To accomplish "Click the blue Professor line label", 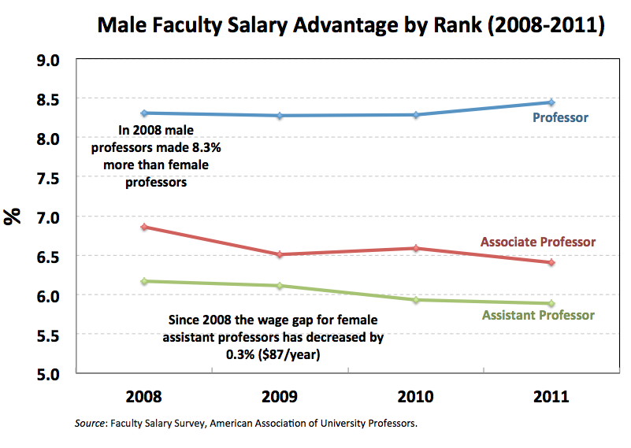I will [x=560, y=118].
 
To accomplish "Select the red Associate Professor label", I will [x=538, y=242].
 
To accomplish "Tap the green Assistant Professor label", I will [x=538, y=315].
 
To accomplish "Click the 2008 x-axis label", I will [x=143, y=396].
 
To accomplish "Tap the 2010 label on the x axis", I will [x=415, y=396].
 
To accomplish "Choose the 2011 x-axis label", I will [x=551, y=396].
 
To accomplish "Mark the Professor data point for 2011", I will [x=551, y=102].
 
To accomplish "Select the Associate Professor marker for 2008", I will [x=143, y=227].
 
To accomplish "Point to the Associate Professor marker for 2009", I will [x=280, y=254].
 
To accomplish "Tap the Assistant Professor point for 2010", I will [x=415, y=300].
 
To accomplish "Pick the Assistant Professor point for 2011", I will [x=551, y=303].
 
